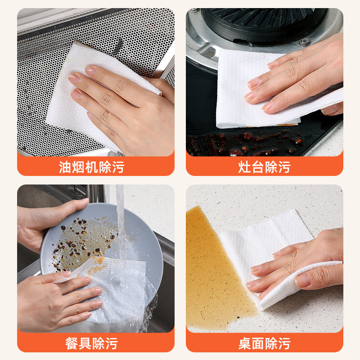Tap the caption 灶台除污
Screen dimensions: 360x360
(x=264, y=167)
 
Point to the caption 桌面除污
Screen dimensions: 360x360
(x=264, y=343)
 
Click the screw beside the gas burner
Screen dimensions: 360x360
(x=305, y=42)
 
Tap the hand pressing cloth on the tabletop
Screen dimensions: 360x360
(x=306, y=265)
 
